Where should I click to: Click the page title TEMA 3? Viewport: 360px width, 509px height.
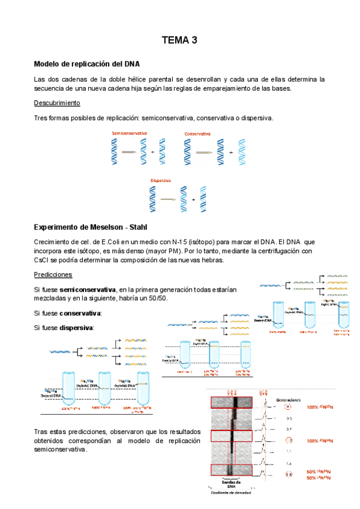[x=179, y=41]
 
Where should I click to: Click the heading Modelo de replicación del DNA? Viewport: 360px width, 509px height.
[x=87, y=64]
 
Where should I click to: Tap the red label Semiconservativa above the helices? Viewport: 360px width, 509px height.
[x=130, y=133]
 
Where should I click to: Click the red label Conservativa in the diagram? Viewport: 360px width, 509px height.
[x=197, y=133]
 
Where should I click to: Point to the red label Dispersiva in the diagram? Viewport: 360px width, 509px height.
[x=161, y=179]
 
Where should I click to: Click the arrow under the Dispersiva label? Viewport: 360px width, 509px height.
[x=167, y=199]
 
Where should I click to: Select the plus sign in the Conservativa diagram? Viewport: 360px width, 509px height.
[x=232, y=152]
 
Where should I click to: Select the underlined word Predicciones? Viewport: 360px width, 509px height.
[x=53, y=274]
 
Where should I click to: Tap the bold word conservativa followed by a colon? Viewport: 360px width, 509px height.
[x=80, y=313]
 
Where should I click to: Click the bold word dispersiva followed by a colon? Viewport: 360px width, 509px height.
[x=76, y=328]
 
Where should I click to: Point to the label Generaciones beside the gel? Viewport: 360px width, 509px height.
[x=288, y=399]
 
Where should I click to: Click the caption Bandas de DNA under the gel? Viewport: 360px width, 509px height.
[x=231, y=484]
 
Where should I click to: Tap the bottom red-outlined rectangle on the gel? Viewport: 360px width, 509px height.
[x=227, y=471]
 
